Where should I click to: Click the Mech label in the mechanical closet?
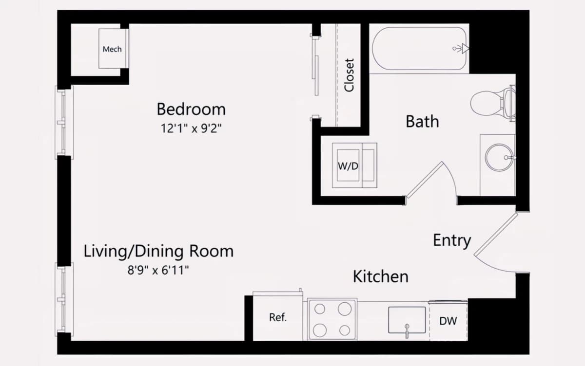(112, 49)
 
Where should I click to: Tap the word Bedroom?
(191, 109)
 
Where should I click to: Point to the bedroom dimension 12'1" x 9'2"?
(191, 128)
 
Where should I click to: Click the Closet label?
(349, 75)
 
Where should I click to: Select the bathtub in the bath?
(419, 49)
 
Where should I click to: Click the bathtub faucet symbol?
(461, 49)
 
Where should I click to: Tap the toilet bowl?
(485, 103)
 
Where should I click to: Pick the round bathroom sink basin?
(499, 158)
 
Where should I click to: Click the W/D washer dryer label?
(348, 166)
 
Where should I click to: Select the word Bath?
(422, 122)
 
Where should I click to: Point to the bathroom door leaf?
(425, 180)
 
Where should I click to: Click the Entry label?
(452, 240)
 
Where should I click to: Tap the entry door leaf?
(496, 234)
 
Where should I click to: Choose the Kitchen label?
(381, 276)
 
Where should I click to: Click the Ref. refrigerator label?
(278, 317)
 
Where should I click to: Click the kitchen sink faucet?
(407, 330)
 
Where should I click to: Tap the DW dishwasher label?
(448, 321)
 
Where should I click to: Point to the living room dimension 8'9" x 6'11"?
(158, 270)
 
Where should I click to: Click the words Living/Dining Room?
(158, 252)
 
